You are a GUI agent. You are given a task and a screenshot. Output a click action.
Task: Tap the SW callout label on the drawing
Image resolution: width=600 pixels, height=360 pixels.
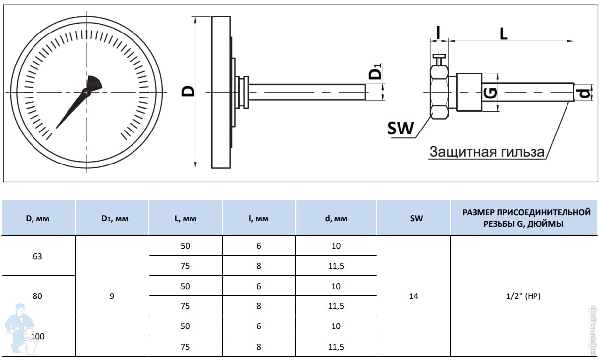click(400, 128)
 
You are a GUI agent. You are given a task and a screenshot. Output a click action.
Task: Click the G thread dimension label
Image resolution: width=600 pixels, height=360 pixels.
click(491, 93)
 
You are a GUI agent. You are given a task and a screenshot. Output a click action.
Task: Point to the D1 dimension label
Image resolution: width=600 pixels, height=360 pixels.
click(375, 71)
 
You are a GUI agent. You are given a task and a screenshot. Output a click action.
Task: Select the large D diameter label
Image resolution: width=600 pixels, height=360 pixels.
click(188, 91)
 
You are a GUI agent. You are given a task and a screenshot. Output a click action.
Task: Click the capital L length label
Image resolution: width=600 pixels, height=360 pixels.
click(504, 34)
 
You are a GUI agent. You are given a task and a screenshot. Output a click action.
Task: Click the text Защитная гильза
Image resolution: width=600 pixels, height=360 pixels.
click(487, 152)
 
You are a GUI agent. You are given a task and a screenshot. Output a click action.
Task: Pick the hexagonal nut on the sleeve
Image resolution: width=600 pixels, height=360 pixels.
click(439, 93)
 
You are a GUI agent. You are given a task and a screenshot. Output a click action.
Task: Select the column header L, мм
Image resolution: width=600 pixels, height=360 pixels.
click(185, 218)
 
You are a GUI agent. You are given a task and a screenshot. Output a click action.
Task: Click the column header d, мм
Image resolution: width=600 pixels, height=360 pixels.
click(336, 218)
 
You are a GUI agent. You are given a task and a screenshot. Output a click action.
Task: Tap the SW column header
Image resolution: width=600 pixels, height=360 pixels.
click(416, 218)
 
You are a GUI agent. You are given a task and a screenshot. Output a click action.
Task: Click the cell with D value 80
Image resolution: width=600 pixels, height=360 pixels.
click(37, 296)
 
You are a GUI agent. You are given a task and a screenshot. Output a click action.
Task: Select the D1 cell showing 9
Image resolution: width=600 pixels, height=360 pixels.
click(112, 296)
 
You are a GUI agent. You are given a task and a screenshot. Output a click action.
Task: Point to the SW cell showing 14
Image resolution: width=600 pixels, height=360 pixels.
click(414, 296)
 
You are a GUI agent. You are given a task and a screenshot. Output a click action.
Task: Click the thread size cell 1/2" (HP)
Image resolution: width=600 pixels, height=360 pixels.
click(523, 296)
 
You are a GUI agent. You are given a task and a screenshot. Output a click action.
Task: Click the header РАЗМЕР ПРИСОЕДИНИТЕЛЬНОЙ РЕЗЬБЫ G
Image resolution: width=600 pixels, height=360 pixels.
click(526, 218)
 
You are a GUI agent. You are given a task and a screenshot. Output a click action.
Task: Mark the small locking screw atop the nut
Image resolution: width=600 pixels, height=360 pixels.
click(439, 60)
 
